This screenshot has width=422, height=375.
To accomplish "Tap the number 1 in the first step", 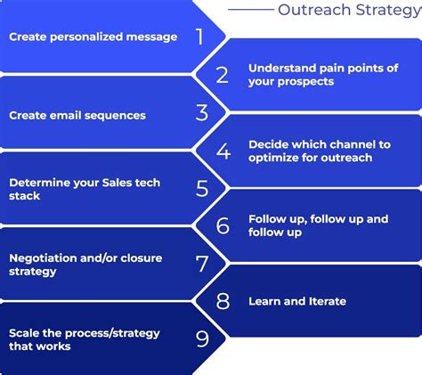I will tap(200, 37).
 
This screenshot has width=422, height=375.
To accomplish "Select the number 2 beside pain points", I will tap(223, 75).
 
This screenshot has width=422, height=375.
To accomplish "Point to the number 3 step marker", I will tap(202, 113).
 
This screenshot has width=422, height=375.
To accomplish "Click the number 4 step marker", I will tap(223, 151).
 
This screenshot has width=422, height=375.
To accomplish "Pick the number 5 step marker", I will tap(202, 189).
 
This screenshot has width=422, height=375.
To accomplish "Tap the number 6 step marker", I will tap(223, 225).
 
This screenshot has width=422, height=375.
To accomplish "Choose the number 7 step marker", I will tap(202, 264).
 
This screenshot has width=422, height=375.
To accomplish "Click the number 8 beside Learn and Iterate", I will tap(223, 301).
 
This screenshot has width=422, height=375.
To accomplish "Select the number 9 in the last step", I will tap(202, 339).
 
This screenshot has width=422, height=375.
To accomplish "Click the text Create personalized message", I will tap(93, 37).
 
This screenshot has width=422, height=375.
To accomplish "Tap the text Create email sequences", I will tap(77, 115).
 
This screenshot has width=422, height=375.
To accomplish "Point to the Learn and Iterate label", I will tap(297, 302).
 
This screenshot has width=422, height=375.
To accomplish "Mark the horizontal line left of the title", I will tap(250, 10).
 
